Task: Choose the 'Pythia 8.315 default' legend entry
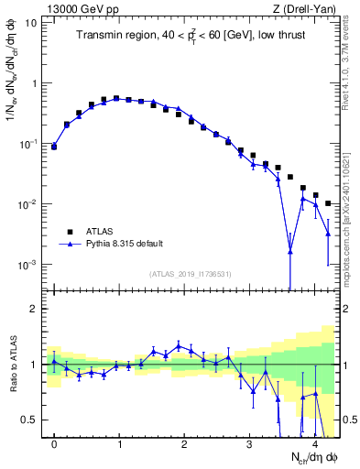point(125,245)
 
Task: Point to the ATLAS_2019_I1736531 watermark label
point(191,274)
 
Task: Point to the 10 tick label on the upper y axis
point(31,22)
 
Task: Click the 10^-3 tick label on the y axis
point(27,265)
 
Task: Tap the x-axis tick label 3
point(249,442)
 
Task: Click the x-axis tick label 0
point(54,442)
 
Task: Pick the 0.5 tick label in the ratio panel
point(30,420)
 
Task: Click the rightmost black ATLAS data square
point(328,203)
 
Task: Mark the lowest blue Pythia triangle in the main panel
point(290,250)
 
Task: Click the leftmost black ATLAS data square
point(54,146)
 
